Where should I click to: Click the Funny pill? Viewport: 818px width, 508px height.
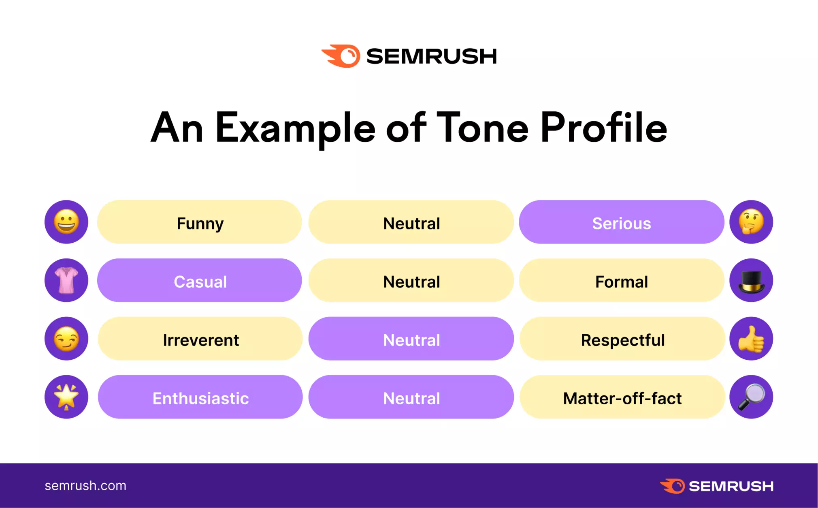pos(200,222)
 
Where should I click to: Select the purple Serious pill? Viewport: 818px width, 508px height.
pos(622,222)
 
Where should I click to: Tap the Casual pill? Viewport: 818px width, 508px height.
pos(200,280)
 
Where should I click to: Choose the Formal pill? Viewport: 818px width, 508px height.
pos(622,280)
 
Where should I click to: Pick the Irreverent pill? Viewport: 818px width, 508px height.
pos(200,339)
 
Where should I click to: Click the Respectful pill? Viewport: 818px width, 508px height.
pos(622,339)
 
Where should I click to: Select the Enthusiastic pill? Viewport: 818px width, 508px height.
pos(200,397)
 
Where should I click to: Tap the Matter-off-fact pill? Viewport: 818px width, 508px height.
pos(622,397)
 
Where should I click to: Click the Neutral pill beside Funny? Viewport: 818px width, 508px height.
pos(411,222)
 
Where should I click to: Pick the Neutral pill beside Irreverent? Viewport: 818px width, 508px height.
pos(411,339)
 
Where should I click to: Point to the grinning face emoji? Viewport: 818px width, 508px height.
pos(66,222)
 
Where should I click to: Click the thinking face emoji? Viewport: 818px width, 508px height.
pos(751,222)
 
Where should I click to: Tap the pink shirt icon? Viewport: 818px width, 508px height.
pos(66,280)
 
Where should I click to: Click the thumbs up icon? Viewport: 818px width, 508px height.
pos(751,339)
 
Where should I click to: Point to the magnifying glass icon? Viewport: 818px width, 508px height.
pos(751,397)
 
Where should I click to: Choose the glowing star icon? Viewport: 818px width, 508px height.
pos(66,397)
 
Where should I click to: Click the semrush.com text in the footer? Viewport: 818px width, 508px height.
pos(85,485)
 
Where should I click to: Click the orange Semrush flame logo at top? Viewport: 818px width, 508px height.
pos(341,56)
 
